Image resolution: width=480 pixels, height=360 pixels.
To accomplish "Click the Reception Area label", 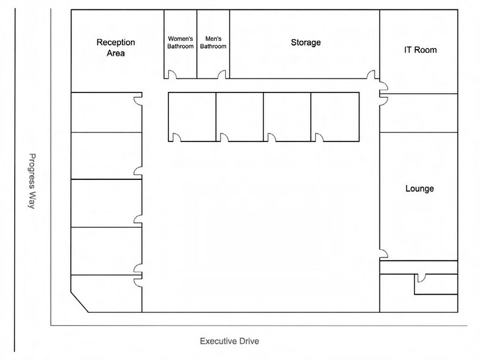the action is [116, 48].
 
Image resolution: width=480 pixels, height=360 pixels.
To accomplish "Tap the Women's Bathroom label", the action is [180, 43].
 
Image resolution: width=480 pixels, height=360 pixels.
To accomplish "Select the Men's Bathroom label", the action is [213, 43].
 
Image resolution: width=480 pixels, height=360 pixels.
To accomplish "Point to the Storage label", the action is [306, 42].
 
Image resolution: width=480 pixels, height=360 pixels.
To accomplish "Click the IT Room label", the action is [420, 50].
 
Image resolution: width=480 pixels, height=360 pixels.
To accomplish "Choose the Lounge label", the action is [419, 189].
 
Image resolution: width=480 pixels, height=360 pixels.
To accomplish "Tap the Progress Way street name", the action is [32, 181].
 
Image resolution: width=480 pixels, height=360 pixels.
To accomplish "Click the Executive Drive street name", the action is [229, 341].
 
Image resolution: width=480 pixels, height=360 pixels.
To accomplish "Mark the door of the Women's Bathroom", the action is [172, 75].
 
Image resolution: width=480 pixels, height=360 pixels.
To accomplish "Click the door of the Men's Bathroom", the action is [222, 75].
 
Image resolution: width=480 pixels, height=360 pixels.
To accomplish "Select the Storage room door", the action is [371, 75].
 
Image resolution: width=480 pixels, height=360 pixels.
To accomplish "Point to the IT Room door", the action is [384, 86].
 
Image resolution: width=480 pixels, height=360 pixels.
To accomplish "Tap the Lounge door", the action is [384, 254].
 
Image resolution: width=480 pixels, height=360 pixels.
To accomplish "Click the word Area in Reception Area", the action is [116, 53].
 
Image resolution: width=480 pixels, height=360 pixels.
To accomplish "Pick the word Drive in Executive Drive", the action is [249, 341].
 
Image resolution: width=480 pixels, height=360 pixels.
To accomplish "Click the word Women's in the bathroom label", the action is [180, 39].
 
